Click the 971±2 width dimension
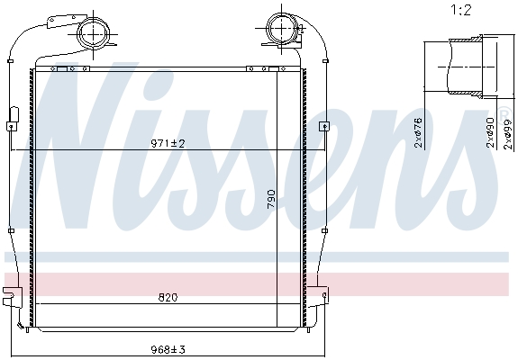[x=168, y=143]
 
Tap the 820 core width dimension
[x=168, y=297]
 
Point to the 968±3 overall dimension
[x=168, y=350]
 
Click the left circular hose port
[x=92, y=33]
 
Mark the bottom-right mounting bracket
[x=320, y=294]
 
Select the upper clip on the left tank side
[x=14, y=115]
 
